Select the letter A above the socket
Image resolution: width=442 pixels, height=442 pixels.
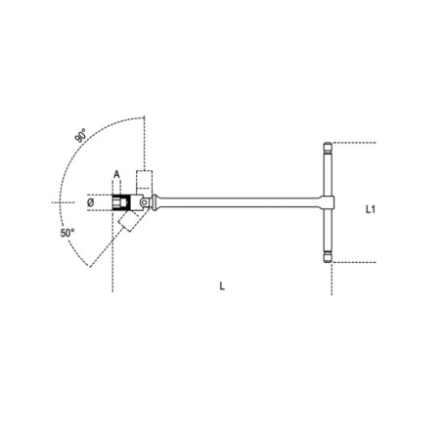[116, 176]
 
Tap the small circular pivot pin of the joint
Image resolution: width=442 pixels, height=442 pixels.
[145, 203]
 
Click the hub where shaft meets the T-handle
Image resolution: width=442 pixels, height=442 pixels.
[327, 203]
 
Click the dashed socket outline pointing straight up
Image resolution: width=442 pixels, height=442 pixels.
[145, 181]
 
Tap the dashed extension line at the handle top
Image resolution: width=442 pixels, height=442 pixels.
[357, 143]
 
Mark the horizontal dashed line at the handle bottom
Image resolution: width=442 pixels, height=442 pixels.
[357, 262]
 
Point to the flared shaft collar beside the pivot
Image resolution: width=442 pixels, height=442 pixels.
[161, 203]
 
